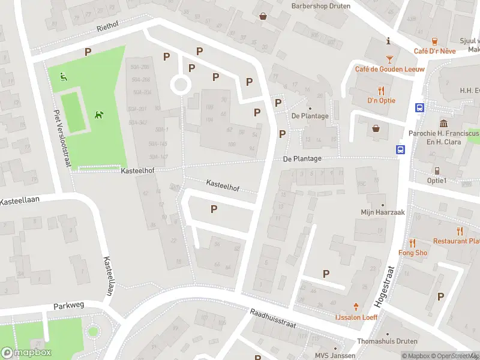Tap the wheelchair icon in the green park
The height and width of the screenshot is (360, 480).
(x=63, y=76)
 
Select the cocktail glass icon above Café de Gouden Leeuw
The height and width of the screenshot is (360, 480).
(x=389, y=59)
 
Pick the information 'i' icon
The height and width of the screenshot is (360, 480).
(x=389, y=41)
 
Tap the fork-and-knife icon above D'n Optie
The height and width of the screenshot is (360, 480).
(x=381, y=91)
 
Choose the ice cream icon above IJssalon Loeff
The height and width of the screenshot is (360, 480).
(x=356, y=306)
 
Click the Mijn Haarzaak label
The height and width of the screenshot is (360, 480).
(x=383, y=212)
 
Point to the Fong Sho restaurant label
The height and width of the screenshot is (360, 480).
(x=413, y=253)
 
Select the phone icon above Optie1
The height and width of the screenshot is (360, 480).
(x=437, y=170)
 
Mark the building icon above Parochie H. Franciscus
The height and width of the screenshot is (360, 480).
(x=443, y=123)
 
